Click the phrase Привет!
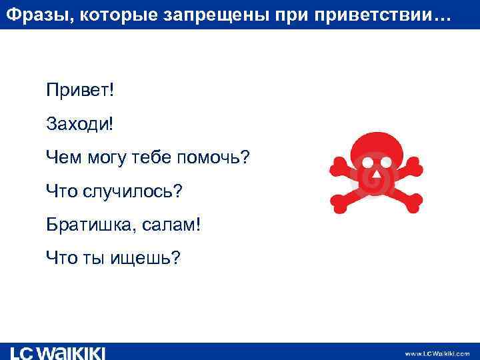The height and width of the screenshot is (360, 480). pos(80,89)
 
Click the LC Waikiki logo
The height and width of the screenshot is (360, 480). pos(57,353)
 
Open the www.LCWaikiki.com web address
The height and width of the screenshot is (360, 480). pos(437,353)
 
